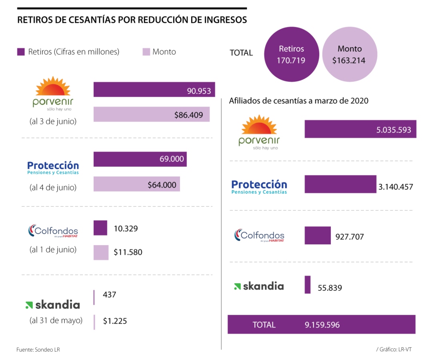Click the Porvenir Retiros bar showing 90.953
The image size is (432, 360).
[x=154, y=90]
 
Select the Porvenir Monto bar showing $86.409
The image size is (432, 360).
[x=151, y=114]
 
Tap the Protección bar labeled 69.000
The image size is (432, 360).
[x=140, y=159]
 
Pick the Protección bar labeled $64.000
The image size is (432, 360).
[x=136, y=184]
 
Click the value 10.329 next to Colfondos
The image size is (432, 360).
[x=126, y=229]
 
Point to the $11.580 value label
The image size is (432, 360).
[x=128, y=252]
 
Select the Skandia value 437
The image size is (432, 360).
[x=109, y=295]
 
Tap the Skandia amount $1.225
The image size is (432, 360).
[x=115, y=321]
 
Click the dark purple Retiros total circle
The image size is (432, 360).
[x=291, y=54]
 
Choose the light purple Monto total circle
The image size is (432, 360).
[x=350, y=54]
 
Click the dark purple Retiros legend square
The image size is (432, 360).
[x=21, y=52]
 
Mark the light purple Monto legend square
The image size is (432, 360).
[x=146, y=52]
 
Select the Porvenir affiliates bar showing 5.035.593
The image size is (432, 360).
[x=360, y=129]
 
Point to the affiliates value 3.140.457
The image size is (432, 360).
[x=396, y=187]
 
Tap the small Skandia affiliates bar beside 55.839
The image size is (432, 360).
[x=308, y=285]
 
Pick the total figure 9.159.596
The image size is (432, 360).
[x=322, y=325]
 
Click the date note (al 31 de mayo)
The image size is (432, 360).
[x=56, y=320]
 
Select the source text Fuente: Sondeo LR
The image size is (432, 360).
[x=38, y=350]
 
